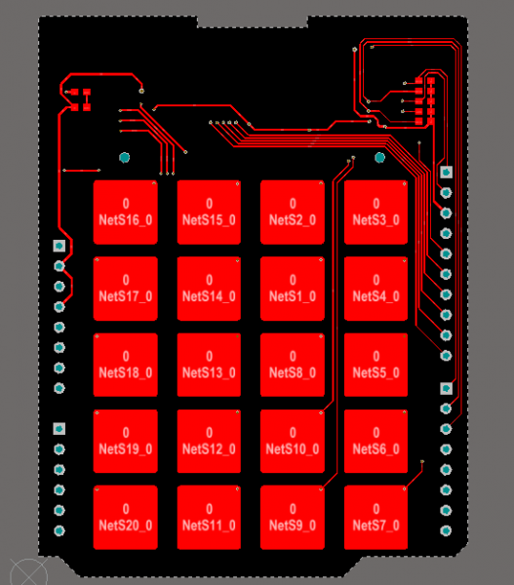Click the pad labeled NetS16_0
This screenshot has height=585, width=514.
pyautogui.click(x=126, y=213)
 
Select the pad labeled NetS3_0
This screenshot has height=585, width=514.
pyautogui.click(x=376, y=213)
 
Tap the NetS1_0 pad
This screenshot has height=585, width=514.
pyautogui.click(x=293, y=289)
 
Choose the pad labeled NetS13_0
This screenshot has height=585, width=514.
pyautogui.click(x=209, y=365)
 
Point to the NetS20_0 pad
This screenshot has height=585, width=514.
pyautogui.click(x=126, y=518)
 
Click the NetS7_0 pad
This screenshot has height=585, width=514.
pyautogui.click(x=376, y=518)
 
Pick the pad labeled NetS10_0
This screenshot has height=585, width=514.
pyautogui.click(x=293, y=441)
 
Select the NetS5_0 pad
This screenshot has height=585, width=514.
pyautogui.click(x=376, y=365)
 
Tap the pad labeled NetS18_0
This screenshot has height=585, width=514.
pyautogui.click(x=126, y=365)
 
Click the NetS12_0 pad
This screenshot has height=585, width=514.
pyautogui.click(x=209, y=441)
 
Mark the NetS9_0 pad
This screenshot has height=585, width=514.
pyautogui.click(x=293, y=518)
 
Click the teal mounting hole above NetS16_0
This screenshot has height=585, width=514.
pyautogui.click(x=124, y=157)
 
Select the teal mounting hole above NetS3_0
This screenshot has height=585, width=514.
pyautogui.click(x=379, y=157)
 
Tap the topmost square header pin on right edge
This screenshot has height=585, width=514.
pyautogui.click(x=446, y=172)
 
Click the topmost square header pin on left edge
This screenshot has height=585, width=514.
pyautogui.click(x=59, y=246)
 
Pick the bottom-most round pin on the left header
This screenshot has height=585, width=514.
pyautogui.click(x=59, y=530)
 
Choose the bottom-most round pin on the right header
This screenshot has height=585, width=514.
pyautogui.click(x=446, y=530)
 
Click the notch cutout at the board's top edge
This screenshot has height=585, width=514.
pyautogui.click(x=253, y=21)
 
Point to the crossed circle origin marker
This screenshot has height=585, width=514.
pyautogui.click(x=28, y=572)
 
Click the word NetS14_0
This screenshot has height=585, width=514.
pyautogui.click(x=209, y=296)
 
